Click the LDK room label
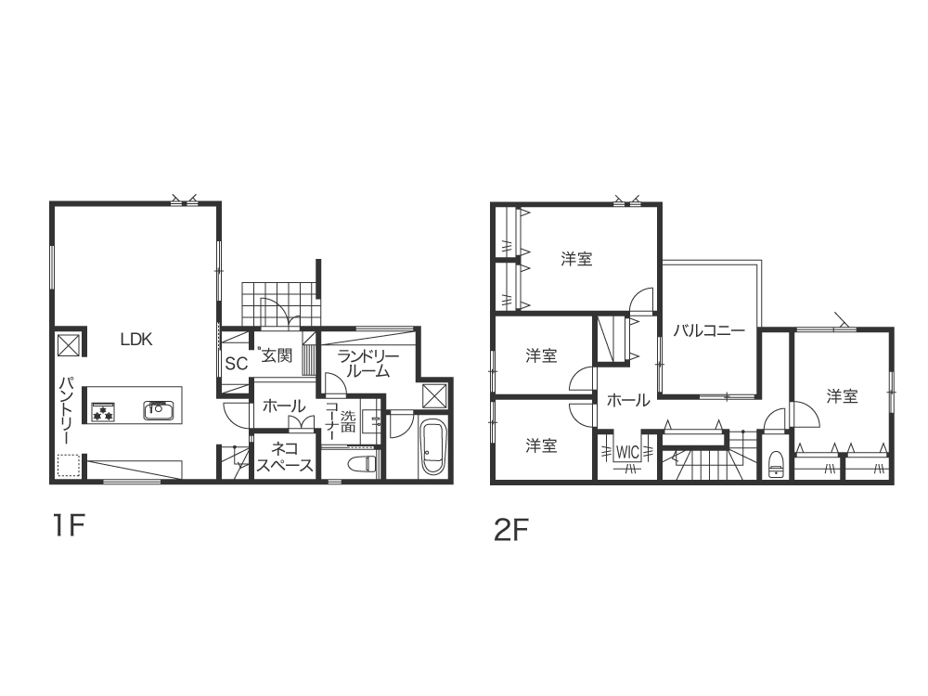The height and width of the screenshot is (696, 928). click(x=136, y=339)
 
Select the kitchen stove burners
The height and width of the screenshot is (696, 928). click(x=103, y=411)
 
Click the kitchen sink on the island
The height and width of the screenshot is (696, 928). click(x=158, y=410)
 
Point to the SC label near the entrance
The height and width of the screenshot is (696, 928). click(x=236, y=364)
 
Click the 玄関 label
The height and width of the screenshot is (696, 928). click(x=277, y=355)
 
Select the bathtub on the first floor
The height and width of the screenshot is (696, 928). click(x=432, y=446)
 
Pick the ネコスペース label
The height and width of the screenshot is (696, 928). click(x=285, y=457)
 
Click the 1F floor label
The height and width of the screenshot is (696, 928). click(x=69, y=525)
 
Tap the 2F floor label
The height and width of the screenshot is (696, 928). click(x=510, y=530)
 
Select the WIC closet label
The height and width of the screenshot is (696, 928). click(x=627, y=452)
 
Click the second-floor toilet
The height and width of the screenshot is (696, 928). click(x=775, y=464)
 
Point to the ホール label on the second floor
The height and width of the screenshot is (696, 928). click(x=628, y=401)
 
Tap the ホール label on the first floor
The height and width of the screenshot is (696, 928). click(x=284, y=406)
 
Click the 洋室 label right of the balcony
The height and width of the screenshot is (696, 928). click(x=843, y=396)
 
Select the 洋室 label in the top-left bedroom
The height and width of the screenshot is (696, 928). click(x=576, y=259)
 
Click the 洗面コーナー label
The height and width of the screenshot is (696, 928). click(x=340, y=420)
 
